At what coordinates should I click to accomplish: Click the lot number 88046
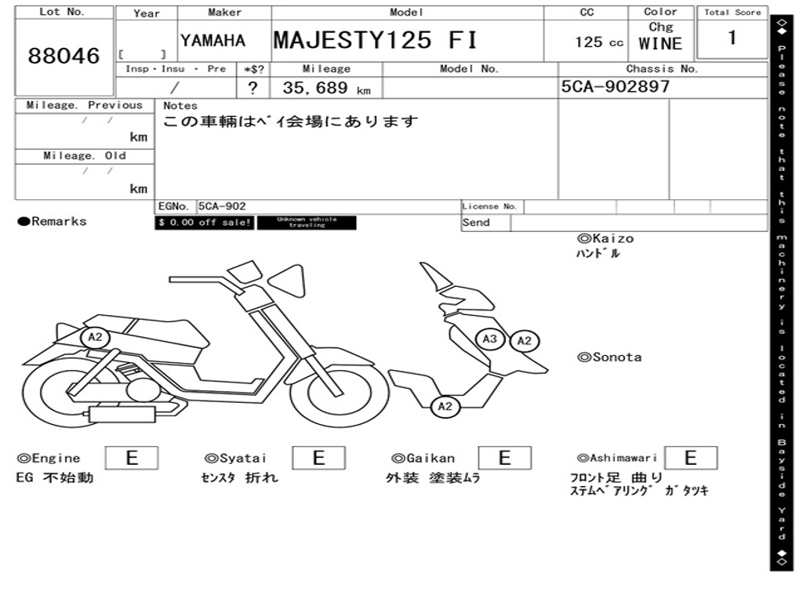(64, 56)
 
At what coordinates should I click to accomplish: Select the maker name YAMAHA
(213, 41)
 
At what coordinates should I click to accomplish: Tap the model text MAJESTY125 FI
(375, 40)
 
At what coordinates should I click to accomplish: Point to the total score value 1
(732, 38)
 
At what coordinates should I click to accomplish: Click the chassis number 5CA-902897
(616, 87)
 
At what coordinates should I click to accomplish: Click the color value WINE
(660, 44)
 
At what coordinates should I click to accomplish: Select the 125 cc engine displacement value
(599, 42)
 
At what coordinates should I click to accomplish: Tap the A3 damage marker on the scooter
(490, 339)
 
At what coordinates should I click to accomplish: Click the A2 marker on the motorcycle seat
(95, 338)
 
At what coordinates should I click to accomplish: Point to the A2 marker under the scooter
(445, 406)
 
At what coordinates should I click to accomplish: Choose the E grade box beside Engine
(132, 458)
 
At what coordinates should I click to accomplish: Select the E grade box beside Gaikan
(504, 458)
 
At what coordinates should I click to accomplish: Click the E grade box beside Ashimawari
(691, 458)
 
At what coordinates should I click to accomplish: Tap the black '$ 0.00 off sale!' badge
(204, 223)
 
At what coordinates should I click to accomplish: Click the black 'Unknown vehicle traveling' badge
(307, 223)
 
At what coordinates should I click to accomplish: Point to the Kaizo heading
(605, 238)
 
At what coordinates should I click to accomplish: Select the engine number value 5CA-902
(222, 206)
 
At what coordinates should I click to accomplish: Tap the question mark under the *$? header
(253, 88)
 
